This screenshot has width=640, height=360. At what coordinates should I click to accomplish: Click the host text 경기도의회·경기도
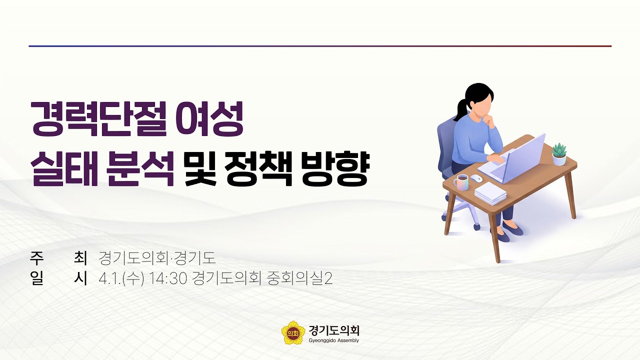(x=157, y=258)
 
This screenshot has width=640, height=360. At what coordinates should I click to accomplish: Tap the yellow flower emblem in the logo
(x=293, y=332)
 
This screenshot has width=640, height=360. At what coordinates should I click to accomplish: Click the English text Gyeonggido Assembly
(x=334, y=340)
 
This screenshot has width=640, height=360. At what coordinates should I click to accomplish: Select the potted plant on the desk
(x=559, y=154)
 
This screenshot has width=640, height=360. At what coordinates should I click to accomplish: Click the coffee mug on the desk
(x=462, y=182)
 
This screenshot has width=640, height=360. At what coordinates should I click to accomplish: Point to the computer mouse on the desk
(x=477, y=178)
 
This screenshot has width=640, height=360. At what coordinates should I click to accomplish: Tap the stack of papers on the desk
(x=490, y=193)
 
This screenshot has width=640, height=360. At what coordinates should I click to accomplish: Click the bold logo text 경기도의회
(x=334, y=330)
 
